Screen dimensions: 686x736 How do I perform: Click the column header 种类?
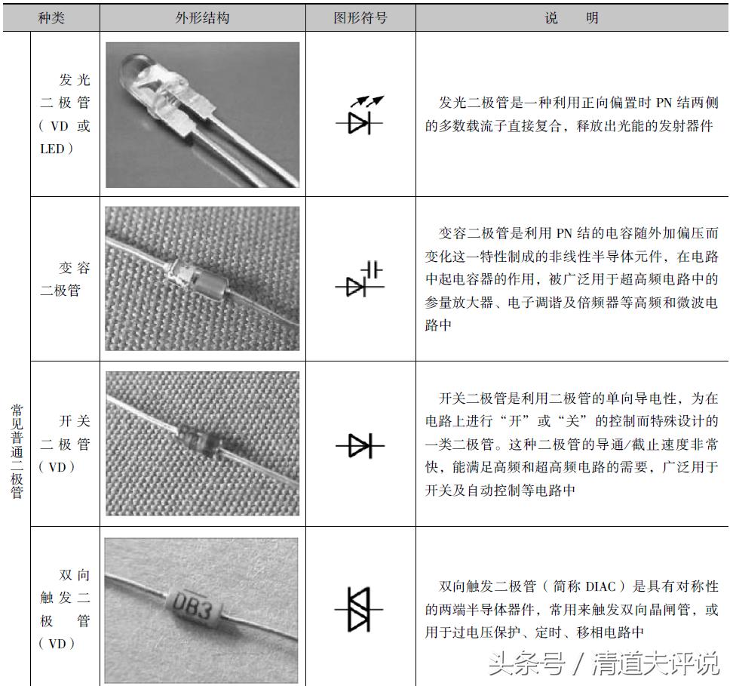pos(51,17)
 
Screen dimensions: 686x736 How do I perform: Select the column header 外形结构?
pos(202,17)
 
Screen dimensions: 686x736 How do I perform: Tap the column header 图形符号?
pos(360,17)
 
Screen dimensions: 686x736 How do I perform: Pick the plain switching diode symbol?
pos(360,446)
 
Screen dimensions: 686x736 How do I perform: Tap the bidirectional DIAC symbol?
pos(360,608)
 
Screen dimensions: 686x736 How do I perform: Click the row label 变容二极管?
pos(65,279)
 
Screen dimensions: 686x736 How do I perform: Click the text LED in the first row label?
pos(52,149)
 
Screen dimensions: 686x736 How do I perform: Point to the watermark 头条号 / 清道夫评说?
pos(603,663)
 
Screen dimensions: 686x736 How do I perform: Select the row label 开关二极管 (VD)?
pos(65,444)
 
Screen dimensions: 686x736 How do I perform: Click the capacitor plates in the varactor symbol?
pos(372,269)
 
